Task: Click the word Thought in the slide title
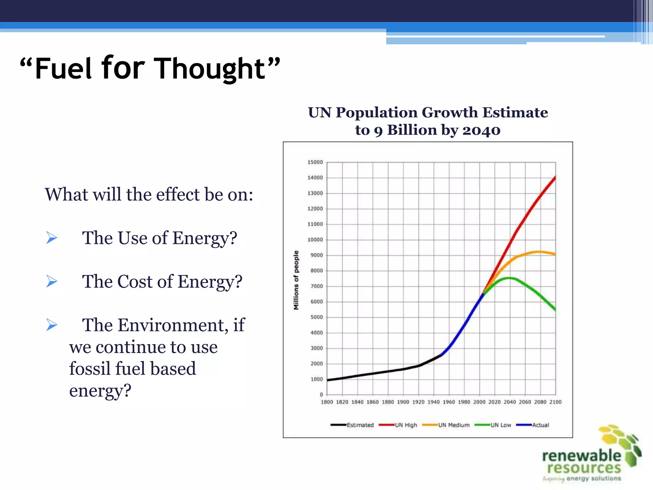point(210,69)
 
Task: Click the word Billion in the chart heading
point(412,130)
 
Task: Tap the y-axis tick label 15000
point(315,162)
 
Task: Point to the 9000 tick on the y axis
point(316,255)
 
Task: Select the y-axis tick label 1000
point(316,379)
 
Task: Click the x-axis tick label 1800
point(327,402)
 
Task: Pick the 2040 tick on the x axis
point(510,402)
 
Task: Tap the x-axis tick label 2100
point(555,402)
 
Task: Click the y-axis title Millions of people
point(296,280)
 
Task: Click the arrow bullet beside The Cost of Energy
point(52,281)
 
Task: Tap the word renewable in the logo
point(581,456)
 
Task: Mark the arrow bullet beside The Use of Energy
point(52,238)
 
